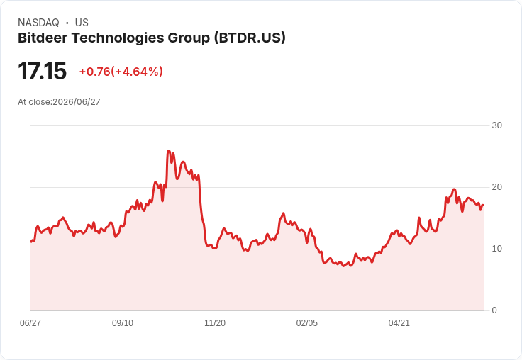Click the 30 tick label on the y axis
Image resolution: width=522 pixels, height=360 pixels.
[496, 125]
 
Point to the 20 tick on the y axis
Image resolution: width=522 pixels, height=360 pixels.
[496, 187]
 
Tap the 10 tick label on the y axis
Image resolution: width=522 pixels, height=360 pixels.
[496, 249]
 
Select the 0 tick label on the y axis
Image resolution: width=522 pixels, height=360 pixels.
[494, 310]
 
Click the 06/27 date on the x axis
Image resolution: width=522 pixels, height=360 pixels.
[30, 322]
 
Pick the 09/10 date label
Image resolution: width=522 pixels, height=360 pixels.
[123, 322]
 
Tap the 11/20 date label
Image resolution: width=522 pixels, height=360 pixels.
[215, 322]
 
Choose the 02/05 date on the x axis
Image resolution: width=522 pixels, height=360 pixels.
[307, 322]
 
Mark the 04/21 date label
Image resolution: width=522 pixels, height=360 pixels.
[399, 322]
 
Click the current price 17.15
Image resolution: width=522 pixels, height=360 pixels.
[43, 71]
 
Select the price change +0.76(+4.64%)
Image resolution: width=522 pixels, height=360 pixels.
[121, 72]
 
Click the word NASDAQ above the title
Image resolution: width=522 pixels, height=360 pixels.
[38, 23]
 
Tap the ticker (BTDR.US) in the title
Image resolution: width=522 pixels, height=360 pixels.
[250, 38]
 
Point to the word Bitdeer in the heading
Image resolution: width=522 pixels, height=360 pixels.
[43, 38]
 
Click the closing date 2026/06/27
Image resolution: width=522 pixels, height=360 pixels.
[77, 102]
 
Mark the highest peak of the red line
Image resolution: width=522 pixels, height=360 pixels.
[169, 151]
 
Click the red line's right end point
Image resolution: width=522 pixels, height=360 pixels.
[484, 205]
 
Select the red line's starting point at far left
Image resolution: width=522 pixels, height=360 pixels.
[31, 242]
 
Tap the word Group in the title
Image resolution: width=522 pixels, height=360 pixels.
[189, 38]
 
